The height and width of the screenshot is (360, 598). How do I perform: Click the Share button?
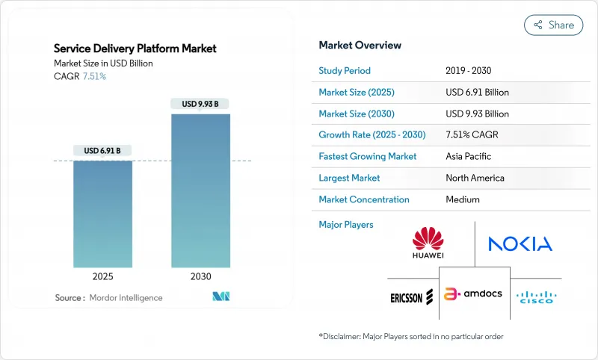pos(553,25)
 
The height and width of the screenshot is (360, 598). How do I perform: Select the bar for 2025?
pos(102,214)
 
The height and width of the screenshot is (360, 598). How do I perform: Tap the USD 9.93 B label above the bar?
pos(200,104)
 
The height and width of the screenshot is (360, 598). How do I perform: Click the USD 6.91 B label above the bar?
pos(102,150)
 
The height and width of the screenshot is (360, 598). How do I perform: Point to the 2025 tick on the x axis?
pos(102,276)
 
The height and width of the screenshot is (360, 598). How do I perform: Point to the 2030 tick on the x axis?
pos(200,276)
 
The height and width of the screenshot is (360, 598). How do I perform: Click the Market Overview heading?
pos(359,45)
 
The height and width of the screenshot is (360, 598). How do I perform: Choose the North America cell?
pos(475,179)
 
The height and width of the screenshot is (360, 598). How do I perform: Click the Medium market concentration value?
pos(463,200)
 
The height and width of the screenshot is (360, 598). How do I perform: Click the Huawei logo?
pos(428,243)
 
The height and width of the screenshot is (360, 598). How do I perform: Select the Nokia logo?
pos(520,243)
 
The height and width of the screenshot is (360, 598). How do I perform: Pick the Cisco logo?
pos(534,296)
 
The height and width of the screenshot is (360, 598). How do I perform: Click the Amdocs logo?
pos(474,295)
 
